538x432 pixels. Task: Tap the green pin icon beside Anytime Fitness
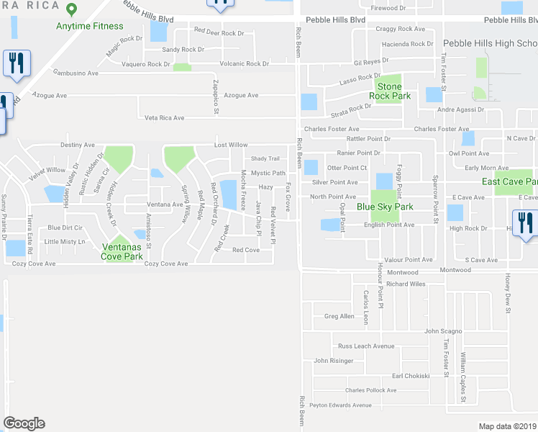(x=70, y=10)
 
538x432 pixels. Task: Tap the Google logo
(x=24, y=423)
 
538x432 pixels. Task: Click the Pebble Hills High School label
(x=489, y=43)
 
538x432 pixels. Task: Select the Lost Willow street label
(x=230, y=145)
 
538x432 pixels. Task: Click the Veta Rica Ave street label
(x=164, y=117)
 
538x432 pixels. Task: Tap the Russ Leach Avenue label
(x=366, y=346)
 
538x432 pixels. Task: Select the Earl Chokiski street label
(x=410, y=375)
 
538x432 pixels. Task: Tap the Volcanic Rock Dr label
(x=244, y=63)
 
